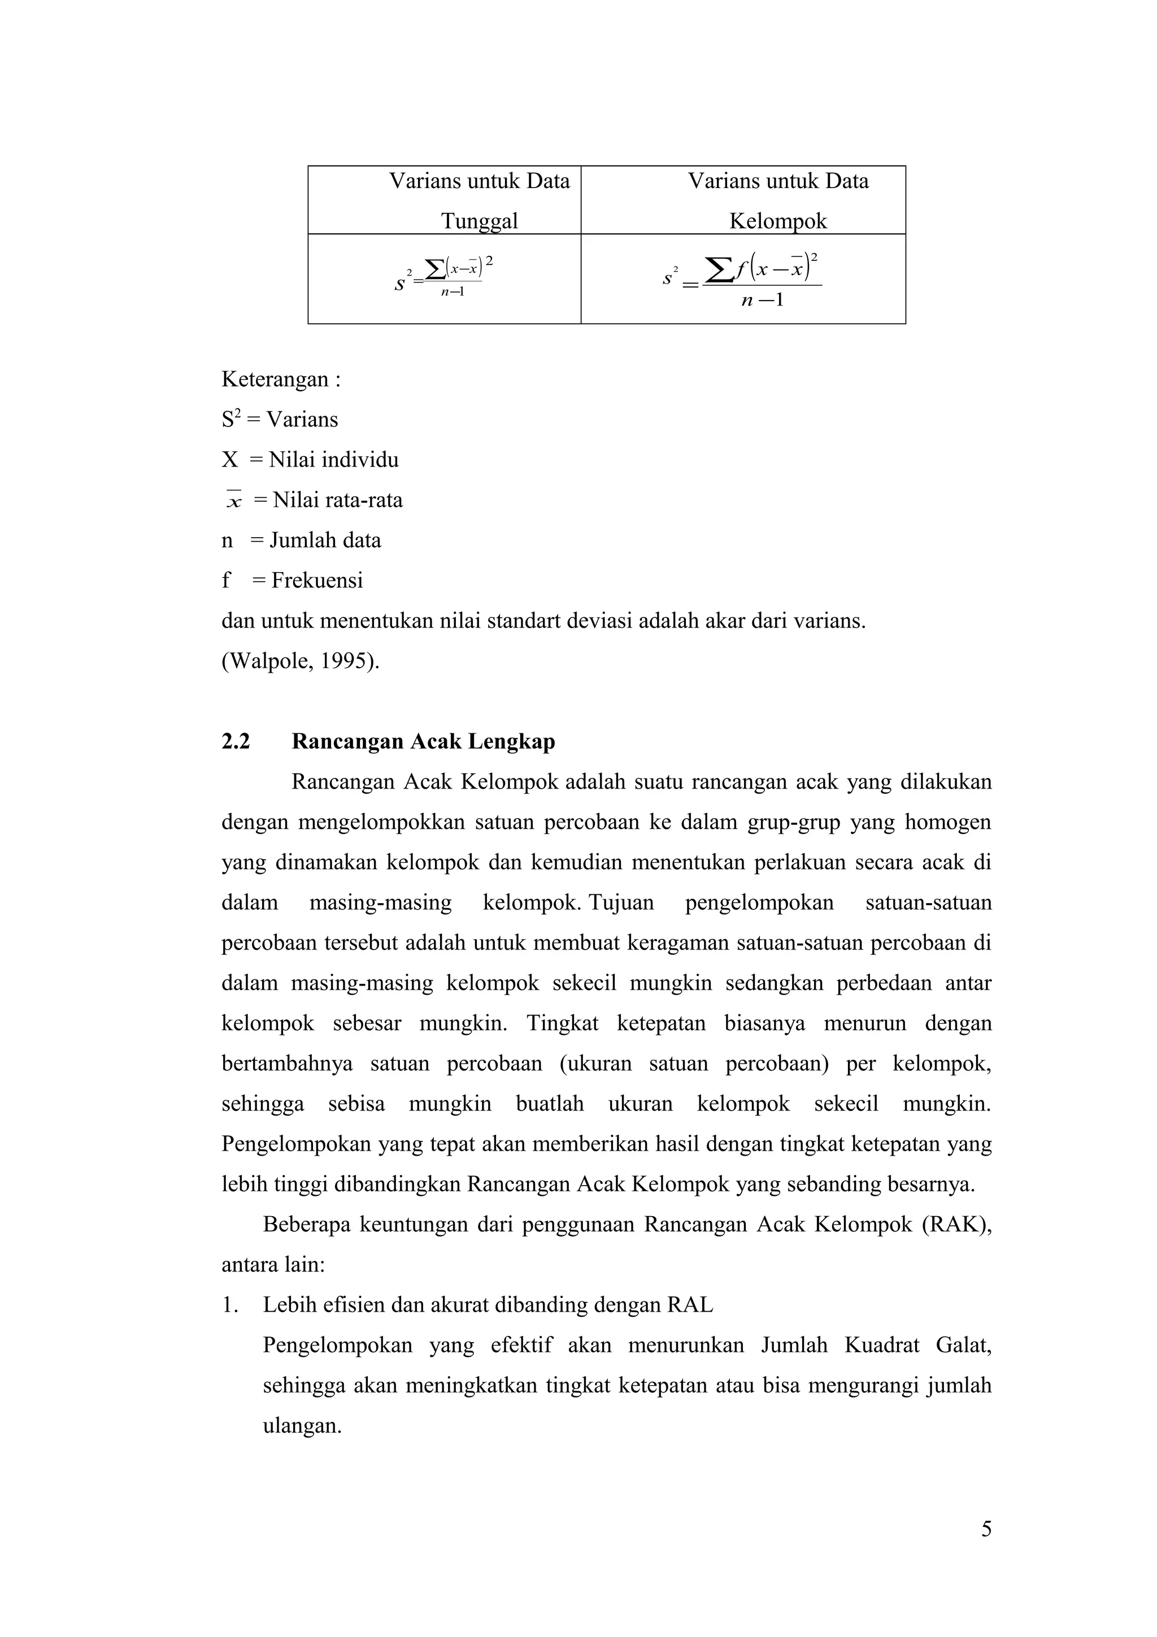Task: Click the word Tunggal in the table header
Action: pos(479,220)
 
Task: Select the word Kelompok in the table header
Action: pos(778,220)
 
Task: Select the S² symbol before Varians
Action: pos(229,419)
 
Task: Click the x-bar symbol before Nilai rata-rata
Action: pos(234,500)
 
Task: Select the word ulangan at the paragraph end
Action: pos(302,1426)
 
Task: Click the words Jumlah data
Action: pos(325,541)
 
